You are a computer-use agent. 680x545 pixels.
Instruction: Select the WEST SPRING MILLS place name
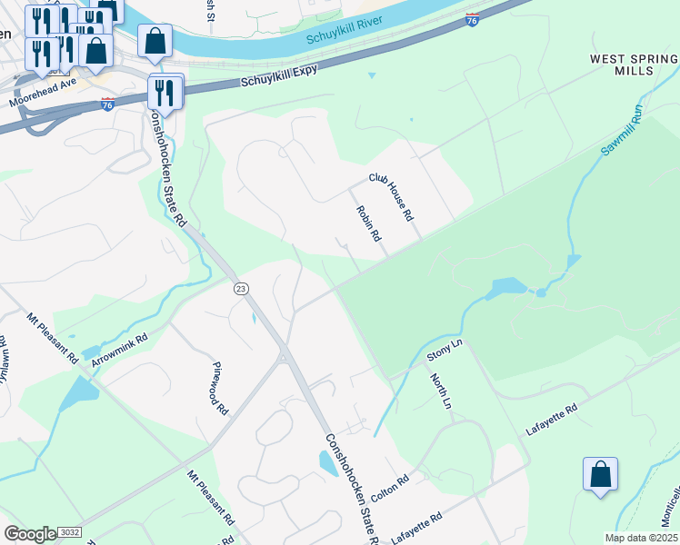coord(634,64)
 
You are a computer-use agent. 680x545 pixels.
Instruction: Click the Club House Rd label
coord(391,197)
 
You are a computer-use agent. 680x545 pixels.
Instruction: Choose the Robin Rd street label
coord(368,223)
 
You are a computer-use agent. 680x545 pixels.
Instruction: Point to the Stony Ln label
coord(445,352)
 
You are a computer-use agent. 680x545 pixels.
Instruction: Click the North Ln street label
coord(440,391)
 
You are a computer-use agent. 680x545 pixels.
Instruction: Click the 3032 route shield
coord(69,532)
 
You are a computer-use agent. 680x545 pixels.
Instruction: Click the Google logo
coord(29,533)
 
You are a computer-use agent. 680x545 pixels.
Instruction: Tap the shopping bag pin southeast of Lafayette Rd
coord(600,475)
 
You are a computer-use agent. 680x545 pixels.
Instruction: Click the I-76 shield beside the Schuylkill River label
coord(471,20)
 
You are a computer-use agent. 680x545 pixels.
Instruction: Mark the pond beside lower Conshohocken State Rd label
coord(327,463)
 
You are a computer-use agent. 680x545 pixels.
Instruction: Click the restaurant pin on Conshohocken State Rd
coord(165,92)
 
